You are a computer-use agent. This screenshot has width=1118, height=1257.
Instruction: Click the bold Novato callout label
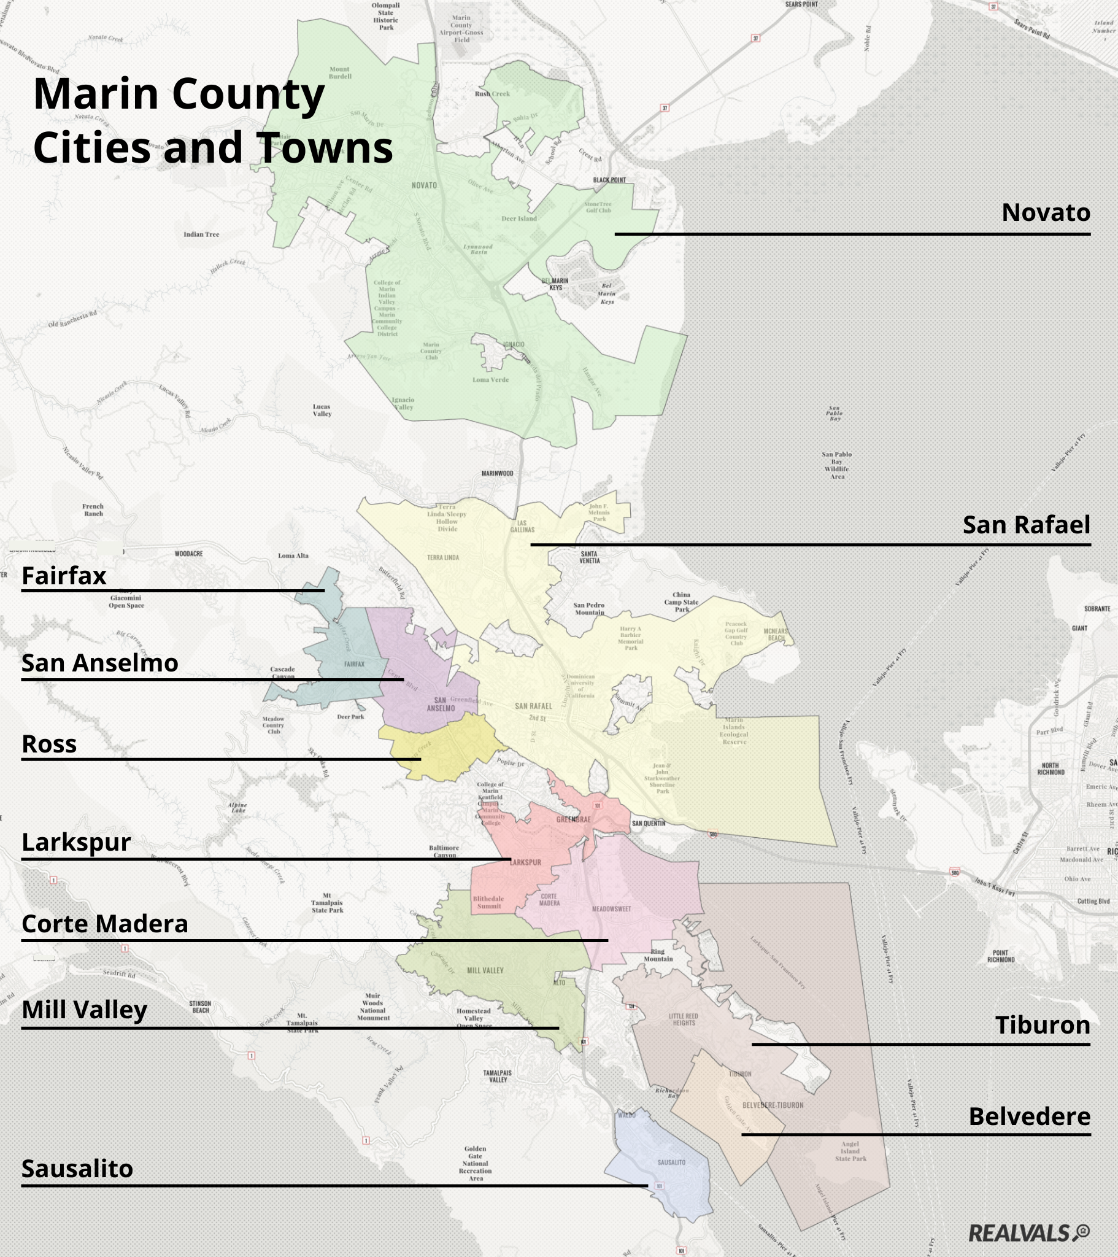1046,213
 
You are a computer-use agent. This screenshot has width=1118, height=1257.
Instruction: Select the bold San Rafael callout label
1026,525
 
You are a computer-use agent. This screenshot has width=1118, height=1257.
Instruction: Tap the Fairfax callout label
64,576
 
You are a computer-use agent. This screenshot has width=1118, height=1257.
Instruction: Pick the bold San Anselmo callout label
99,663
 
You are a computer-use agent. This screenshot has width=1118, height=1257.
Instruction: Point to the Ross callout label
49,744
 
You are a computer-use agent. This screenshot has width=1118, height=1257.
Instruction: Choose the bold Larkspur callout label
76,843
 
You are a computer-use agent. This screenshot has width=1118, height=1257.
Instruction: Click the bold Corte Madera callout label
104,924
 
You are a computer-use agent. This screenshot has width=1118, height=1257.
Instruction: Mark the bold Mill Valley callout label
84,1010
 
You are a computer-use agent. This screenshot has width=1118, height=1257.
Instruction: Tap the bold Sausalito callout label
77,1169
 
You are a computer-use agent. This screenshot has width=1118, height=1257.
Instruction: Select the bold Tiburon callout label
1043,1025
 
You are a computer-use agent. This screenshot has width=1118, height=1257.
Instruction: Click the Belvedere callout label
1029,1116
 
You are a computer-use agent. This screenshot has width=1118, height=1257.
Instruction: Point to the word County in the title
248,94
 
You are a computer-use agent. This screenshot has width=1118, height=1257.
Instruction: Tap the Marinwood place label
497,474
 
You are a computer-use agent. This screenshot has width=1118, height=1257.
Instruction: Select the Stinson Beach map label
201,1007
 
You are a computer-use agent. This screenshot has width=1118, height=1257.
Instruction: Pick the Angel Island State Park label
850,1151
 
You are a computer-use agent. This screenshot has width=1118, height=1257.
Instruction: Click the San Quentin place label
648,824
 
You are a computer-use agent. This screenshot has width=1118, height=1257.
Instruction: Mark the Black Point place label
609,180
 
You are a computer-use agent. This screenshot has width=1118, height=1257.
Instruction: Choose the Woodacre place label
188,554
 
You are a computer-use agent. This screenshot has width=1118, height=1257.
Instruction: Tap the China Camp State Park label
681,602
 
